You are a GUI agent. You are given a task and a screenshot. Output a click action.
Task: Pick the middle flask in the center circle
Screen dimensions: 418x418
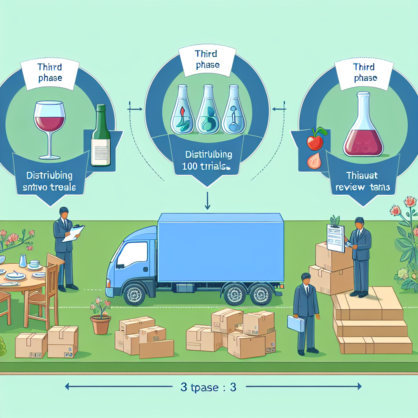[x=208, y=110]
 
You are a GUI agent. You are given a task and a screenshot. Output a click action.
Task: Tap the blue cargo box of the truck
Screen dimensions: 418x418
[x=220, y=247]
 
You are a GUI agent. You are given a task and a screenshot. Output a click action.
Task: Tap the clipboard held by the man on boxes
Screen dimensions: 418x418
[x=336, y=238]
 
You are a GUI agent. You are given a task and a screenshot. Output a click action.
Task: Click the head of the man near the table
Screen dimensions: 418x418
[x=64, y=213]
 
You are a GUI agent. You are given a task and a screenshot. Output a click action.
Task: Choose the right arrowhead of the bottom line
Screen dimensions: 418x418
[x=359, y=386]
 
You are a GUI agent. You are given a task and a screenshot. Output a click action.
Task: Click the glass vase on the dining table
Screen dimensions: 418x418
[x=23, y=260]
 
